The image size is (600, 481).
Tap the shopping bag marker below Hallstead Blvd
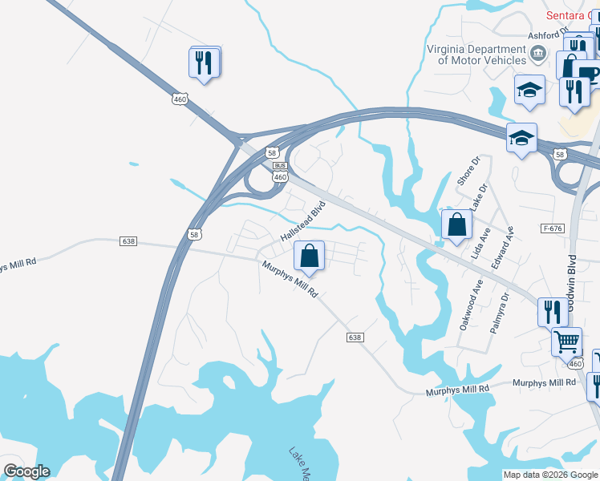[x=310, y=257]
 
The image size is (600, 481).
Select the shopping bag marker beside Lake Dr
[x=456, y=226]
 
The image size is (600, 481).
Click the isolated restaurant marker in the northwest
[x=204, y=63]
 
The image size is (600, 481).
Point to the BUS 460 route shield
[x=279, y=171]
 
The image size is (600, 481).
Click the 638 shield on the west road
[x=128, y=240]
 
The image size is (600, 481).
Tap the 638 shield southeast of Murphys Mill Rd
[x=355, y=338]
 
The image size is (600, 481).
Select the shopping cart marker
[x=566, y=342]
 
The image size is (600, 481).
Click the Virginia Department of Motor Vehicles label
[x=465, y=54]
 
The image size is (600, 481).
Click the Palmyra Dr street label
[x=500, y=313]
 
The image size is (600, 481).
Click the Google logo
[x=26, y=471]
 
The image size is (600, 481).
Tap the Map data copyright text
[x=550, y=475]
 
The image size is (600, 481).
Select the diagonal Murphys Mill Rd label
[x=290, y=281]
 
